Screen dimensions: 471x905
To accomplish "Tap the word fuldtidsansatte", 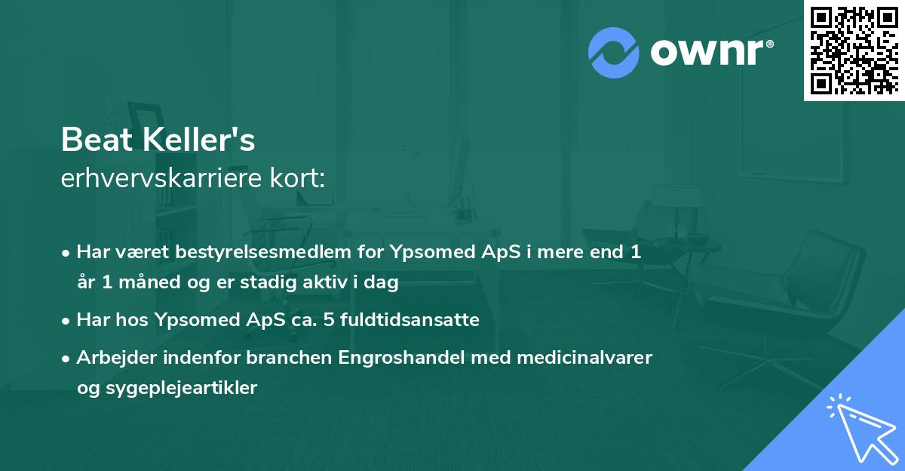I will point(413,320).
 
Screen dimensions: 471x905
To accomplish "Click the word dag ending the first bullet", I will point(383,283).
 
